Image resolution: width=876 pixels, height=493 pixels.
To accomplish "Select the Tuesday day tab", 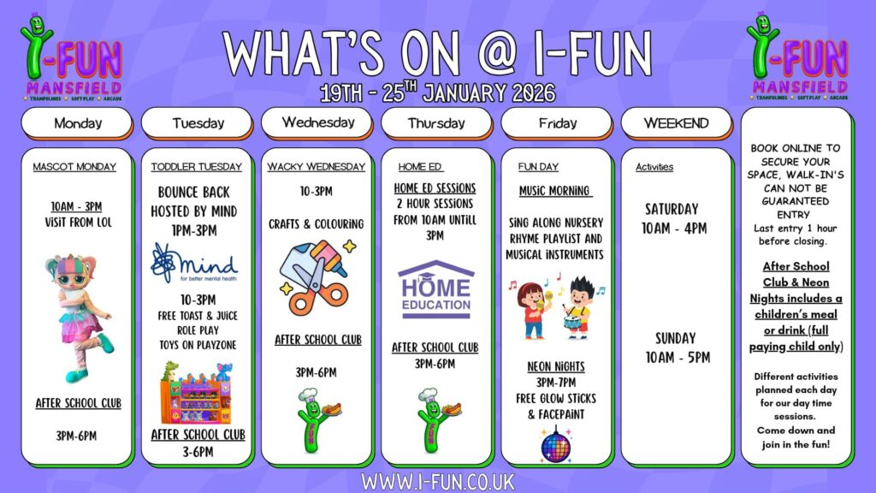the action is pos(197,122).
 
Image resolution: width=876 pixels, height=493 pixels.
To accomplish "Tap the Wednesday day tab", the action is pos(317,122).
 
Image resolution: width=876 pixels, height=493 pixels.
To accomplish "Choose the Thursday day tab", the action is pos(436,122).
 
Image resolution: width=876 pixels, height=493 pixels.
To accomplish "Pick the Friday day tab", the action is pos(556,122).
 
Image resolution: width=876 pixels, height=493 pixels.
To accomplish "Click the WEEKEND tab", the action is pos(676,122).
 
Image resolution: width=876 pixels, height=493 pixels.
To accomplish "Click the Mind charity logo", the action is pos(194,263).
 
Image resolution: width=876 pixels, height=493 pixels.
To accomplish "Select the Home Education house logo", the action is pos(435,289).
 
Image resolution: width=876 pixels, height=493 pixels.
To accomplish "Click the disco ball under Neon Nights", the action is pos(555,445).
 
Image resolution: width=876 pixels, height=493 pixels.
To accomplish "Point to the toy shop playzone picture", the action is pos(196,393).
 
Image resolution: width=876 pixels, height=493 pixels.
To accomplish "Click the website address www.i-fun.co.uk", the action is pos(437,481).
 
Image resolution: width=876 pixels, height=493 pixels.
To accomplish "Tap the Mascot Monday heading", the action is pos(74,167).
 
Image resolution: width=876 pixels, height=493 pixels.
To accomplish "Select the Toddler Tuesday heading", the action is pos(196,167).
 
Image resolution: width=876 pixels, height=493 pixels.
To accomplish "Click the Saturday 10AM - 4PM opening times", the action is pos(674,218).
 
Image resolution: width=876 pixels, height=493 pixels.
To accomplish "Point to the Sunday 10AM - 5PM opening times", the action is pos(678,347).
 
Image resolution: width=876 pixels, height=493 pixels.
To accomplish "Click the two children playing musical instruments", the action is pos(556,306).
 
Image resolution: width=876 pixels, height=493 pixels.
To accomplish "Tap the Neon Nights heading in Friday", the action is pos(556,366).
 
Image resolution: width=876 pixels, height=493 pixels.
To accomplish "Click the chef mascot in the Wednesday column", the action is pos(318,420).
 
